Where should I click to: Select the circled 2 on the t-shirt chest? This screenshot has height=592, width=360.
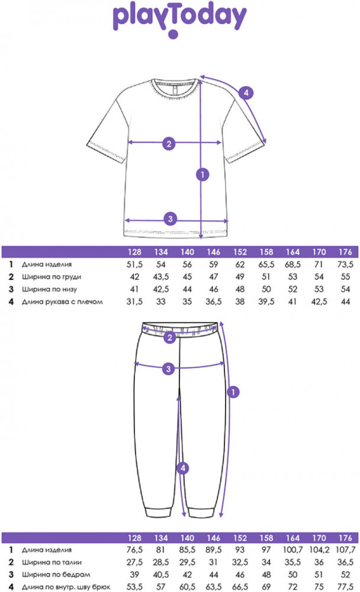point(169,143)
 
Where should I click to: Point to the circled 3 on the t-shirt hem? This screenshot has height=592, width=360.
point(171,218)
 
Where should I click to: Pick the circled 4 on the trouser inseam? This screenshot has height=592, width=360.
point(184,468)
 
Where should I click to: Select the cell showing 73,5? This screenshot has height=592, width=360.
point(345,264)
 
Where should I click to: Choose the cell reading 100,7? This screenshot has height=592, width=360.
point(292,550)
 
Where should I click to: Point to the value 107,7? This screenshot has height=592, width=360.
point(345,550)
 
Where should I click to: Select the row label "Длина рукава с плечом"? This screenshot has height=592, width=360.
point(63,301)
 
